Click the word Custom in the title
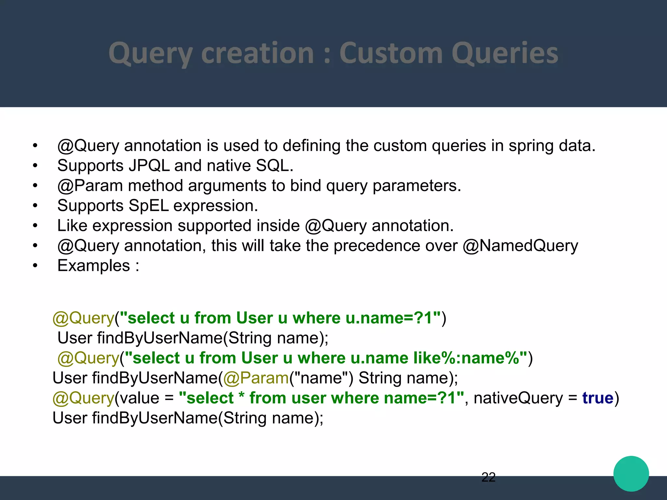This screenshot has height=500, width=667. [390, 53]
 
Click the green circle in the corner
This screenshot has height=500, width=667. [631, 474]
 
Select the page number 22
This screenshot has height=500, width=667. [488, 477]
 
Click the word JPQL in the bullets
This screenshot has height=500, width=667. [149, 166]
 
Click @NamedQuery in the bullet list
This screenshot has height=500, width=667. [520, 246]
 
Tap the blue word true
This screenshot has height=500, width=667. [598, 398]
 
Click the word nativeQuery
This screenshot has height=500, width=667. [518, 398]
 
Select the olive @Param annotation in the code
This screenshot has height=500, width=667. [256, 378]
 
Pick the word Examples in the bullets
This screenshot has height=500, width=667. [94, 266]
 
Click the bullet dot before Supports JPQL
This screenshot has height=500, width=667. [35, 166]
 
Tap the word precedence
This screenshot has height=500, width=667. [395, 246]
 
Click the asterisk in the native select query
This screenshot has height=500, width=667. [241, 397]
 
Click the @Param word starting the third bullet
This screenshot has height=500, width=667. [90, 186]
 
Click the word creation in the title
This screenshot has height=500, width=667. [257, 53]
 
